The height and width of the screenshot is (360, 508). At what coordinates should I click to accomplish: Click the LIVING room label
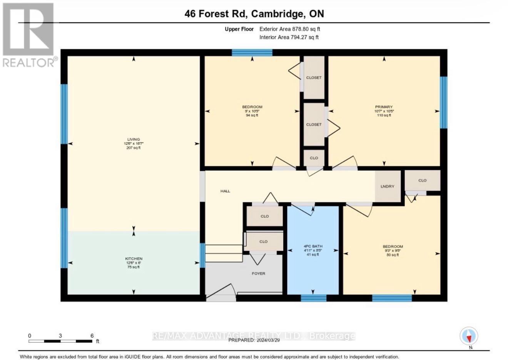point(134,140)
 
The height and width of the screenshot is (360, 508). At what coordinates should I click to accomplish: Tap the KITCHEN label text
point(134,259)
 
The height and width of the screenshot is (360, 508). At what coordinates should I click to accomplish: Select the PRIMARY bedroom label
point(384,107)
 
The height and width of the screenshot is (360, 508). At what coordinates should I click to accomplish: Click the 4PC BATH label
point(312,246)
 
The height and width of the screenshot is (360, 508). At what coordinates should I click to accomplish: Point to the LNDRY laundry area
point(387,187)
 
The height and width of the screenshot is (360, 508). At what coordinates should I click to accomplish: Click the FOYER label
point(258,273)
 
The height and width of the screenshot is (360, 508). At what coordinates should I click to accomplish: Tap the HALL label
point(225,191)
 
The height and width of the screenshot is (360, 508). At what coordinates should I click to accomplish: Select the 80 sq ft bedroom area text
point(393,255)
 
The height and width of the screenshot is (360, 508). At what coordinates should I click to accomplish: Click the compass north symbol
point(469,336)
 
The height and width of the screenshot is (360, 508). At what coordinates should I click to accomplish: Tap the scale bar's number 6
point(92,336)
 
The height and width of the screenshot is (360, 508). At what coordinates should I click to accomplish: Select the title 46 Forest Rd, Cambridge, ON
point(254,14)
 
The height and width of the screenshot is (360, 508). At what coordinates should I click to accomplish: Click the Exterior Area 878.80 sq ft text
point(289,29)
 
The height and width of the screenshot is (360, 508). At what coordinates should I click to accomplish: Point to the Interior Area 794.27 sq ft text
point(289,37)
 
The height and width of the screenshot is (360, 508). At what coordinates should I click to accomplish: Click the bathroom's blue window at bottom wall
point(313,298)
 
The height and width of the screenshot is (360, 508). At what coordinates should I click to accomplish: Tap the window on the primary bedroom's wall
point(443,102)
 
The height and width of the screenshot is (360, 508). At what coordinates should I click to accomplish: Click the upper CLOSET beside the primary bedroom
point(314,78)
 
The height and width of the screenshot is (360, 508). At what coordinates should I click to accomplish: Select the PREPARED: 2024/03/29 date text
point(254,340)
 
